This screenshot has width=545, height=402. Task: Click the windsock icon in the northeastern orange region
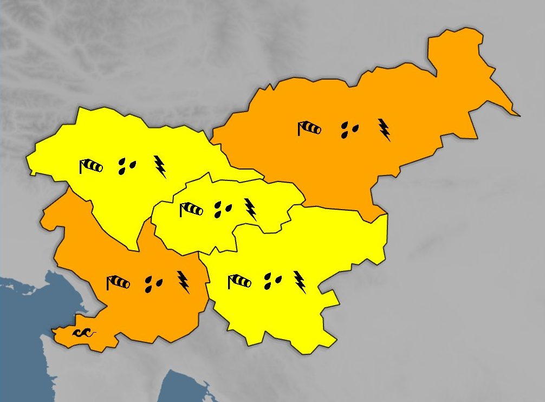click(309, 128)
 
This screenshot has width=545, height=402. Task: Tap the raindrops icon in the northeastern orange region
click(349, 129)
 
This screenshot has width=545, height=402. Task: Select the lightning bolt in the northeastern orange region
click(384, 129)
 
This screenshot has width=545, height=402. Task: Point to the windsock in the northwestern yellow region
click(91, 166)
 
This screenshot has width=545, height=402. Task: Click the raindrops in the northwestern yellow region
click(127, 166)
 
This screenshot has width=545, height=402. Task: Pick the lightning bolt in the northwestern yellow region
click(160, 166)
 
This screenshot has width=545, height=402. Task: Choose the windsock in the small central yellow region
click(191, 209)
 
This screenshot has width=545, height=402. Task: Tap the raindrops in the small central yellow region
click(222, 209)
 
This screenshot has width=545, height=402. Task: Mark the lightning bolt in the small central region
click(250, 209)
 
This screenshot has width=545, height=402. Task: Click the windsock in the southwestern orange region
click(118, 282)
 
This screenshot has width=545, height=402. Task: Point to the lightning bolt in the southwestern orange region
click(184, 282)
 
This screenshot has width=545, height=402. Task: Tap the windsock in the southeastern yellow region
click(239, 281)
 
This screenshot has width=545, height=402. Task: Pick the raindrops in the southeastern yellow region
click(272, 281)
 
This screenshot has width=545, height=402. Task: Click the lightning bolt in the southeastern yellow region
click(300, 282)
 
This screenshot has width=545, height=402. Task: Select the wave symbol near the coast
click(84, 333)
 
